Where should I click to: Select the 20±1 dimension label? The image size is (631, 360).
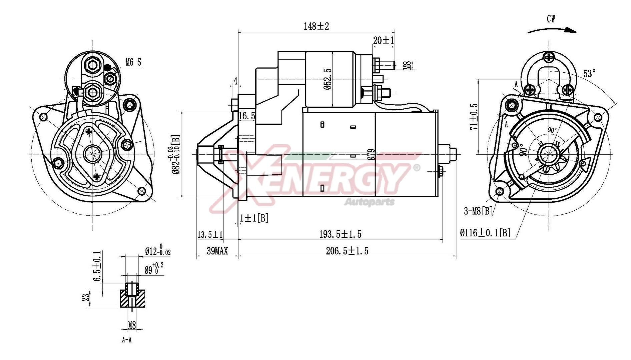pos(384,41)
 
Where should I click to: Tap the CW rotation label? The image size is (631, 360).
pos(551,19)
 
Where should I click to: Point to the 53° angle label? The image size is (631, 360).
pos(589,73)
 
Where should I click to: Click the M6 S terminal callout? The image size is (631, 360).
pos(133,62)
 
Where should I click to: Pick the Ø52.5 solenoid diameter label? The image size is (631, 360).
pos(327,79)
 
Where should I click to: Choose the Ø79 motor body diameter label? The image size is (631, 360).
pos(372,155)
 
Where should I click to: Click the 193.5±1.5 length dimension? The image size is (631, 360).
pos(340,234)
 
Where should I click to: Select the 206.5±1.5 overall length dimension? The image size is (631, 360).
pos(347,251)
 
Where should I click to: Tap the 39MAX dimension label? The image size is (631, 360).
pos(217,251)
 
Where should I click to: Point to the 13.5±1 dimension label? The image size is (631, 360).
pos(210,235)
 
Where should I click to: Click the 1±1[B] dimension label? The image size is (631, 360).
pos(254,218)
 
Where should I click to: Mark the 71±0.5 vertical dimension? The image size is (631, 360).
pos(474,116)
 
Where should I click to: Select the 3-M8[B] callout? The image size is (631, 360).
pos(478,211)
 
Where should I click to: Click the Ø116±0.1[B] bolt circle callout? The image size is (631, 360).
pos(485,233)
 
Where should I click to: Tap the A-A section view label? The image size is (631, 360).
pos(127,340)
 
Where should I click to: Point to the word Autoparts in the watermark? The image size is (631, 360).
pos(369,202)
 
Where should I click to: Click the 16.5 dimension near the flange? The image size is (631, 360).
pos(247,116)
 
